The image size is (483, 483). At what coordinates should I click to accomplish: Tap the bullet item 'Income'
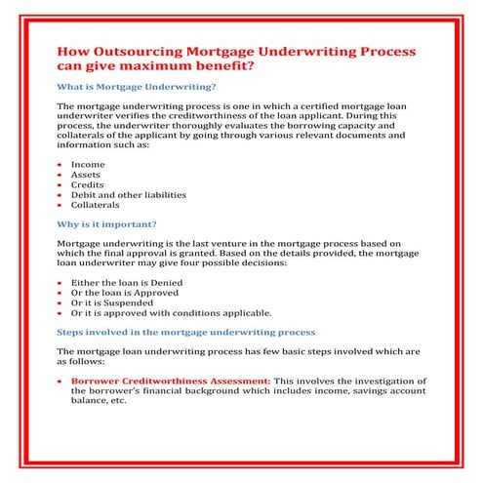(x=88, y=165)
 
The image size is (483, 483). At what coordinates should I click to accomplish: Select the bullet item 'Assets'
(x=87, y=176)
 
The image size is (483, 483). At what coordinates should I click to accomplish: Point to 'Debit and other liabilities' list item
(x=128, y=195)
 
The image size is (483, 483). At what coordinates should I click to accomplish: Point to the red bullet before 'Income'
(x=60, y=165)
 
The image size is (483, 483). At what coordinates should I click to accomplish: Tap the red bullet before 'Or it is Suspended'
(x=60, y=302)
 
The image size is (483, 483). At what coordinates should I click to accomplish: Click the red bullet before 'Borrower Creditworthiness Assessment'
(x=60, y=380)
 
